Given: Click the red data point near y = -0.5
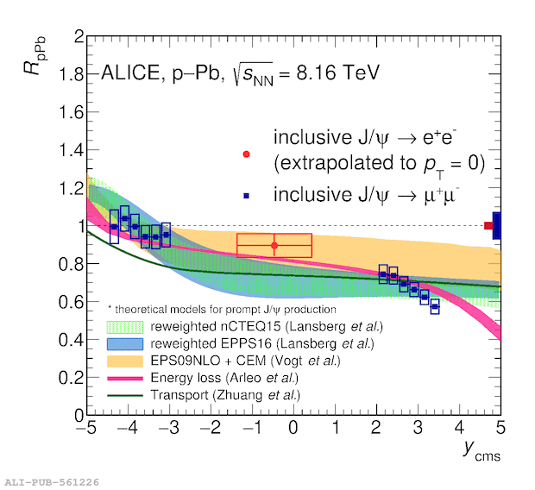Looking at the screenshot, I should click(x=274, y=246).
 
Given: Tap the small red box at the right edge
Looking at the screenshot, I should click(x=488, y=226).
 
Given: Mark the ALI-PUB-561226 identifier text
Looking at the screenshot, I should click(x=51, y=481).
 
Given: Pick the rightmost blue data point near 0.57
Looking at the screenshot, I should click(x=435, y=306).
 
